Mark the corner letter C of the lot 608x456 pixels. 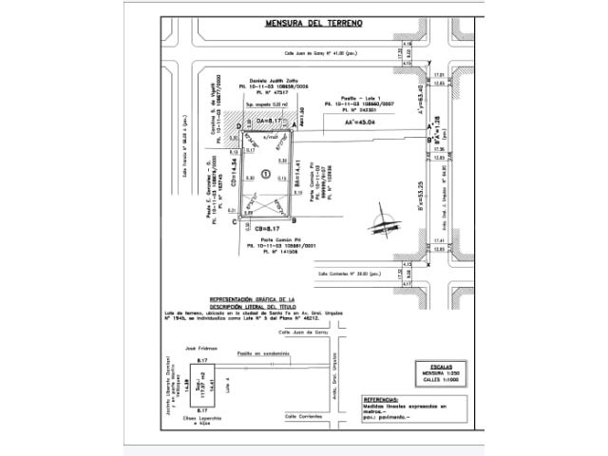(x=235, y=220)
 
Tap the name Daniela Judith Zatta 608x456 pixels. (x=272, y=79)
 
